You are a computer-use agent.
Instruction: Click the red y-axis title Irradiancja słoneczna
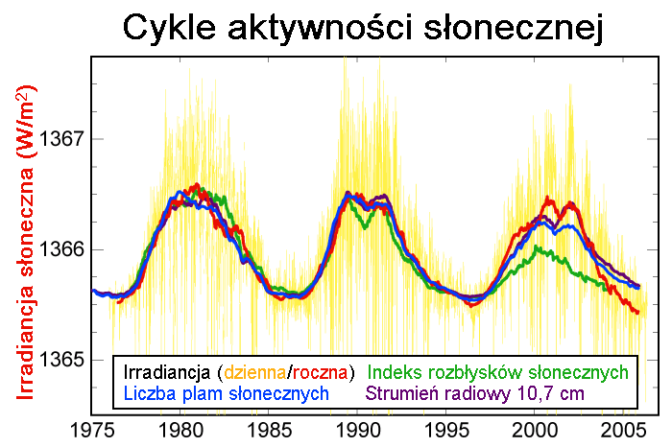pos(28,249)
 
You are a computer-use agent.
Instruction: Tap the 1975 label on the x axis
pos(92,428)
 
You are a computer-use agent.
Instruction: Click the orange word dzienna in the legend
pos(253,372)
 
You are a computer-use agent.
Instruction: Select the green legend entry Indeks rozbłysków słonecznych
pos(498,372)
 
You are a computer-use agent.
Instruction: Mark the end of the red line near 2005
pos(637,312)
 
